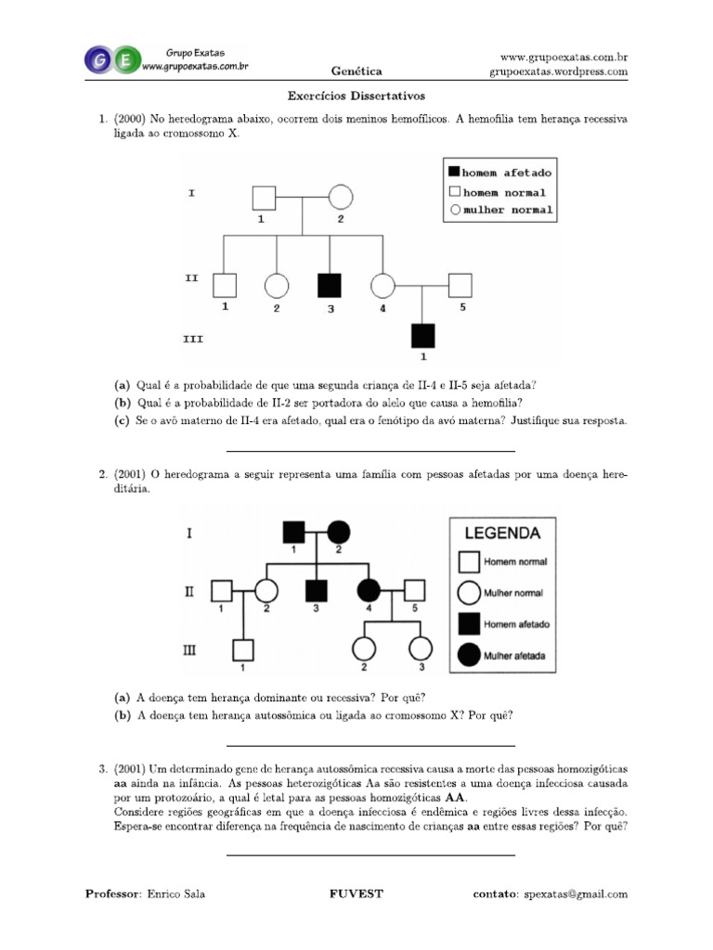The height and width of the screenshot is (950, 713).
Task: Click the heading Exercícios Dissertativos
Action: (x=356, y=96)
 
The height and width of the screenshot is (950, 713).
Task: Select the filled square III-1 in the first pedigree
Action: (x=423, y=335)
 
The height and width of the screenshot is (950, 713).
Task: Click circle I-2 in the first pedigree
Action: (x=341, y=198)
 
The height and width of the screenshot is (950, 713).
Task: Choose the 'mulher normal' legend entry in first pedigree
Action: (x=499, y=211)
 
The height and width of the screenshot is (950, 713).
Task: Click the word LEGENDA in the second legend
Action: (x=502, y=533)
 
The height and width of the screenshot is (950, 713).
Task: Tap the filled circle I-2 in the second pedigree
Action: (x=339, y=532)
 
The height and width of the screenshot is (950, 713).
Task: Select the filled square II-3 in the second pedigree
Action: (x=318, y=588)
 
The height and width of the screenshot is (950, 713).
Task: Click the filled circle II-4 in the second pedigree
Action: (x=369, y=588)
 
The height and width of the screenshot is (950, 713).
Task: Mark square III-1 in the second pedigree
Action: (x=243, y=648)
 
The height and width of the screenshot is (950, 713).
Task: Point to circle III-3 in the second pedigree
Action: (x=421, y=648)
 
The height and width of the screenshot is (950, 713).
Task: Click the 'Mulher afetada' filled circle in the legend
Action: (x=470, y=656)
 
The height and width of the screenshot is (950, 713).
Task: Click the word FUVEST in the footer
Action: (x=356, y=894)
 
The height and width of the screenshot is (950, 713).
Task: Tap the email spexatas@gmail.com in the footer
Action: (x=575, y=894)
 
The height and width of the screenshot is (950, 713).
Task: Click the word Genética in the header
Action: (x=356, y=71)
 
